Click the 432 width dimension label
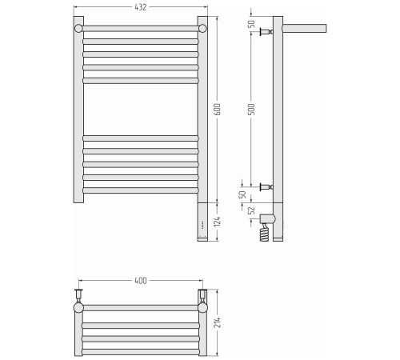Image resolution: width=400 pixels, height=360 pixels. pyautogui.click(x=141, y=7)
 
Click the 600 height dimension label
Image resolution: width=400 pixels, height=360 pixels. pyautogui.click(x=218, y=110)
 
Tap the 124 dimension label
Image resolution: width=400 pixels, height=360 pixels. pyautogui.click(x=218, y=222)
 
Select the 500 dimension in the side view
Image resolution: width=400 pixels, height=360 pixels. pyautogui.click(x=251, y=110)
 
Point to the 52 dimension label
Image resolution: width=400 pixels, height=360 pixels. pyautogui.click(x=251, y=210)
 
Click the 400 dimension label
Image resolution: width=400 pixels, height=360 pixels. pyautogui.click(x=141, y=281)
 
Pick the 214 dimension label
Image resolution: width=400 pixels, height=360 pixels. pyautogui.click(x=218, y=322)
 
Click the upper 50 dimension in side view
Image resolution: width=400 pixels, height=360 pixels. pyautogui.click(x=251, y=24)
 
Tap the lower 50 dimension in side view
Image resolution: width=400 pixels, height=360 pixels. pyautogui.click(x=242, y=194)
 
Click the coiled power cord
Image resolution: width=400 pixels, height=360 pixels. pyautogui.click(x=264, y=233)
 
